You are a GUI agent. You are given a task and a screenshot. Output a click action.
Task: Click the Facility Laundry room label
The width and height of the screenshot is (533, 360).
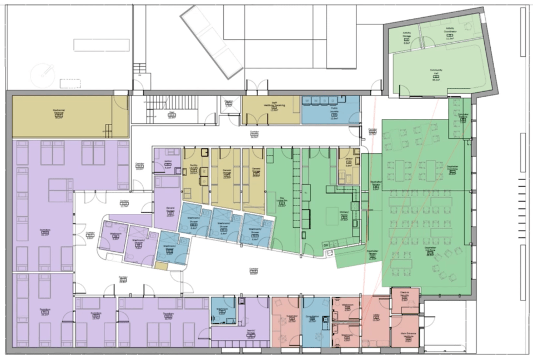194,170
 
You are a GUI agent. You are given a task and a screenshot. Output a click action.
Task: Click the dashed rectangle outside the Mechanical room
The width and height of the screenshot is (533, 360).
71,83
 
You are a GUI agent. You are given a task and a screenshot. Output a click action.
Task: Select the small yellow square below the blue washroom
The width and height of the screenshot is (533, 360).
161,266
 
